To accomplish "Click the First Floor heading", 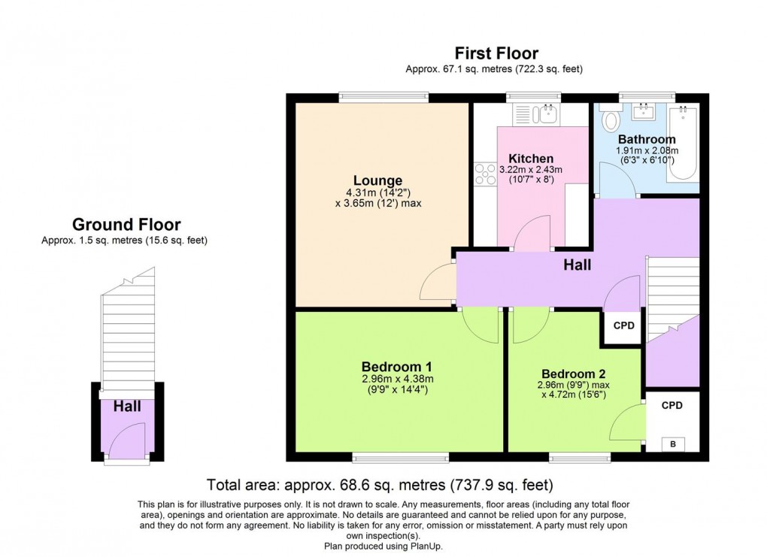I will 496,53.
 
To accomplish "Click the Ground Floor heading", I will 126,224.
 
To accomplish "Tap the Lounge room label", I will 378,180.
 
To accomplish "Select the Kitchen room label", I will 531,159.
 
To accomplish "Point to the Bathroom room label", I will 647,139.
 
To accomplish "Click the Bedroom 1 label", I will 397,366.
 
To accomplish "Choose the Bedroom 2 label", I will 573,374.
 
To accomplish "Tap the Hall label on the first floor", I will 578,265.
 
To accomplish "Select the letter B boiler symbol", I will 673,444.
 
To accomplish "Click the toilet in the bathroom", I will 610,120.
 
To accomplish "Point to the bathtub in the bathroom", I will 683,143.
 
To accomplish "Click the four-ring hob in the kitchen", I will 484,174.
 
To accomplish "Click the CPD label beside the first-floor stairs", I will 624,326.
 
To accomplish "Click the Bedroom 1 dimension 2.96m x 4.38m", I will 397,379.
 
